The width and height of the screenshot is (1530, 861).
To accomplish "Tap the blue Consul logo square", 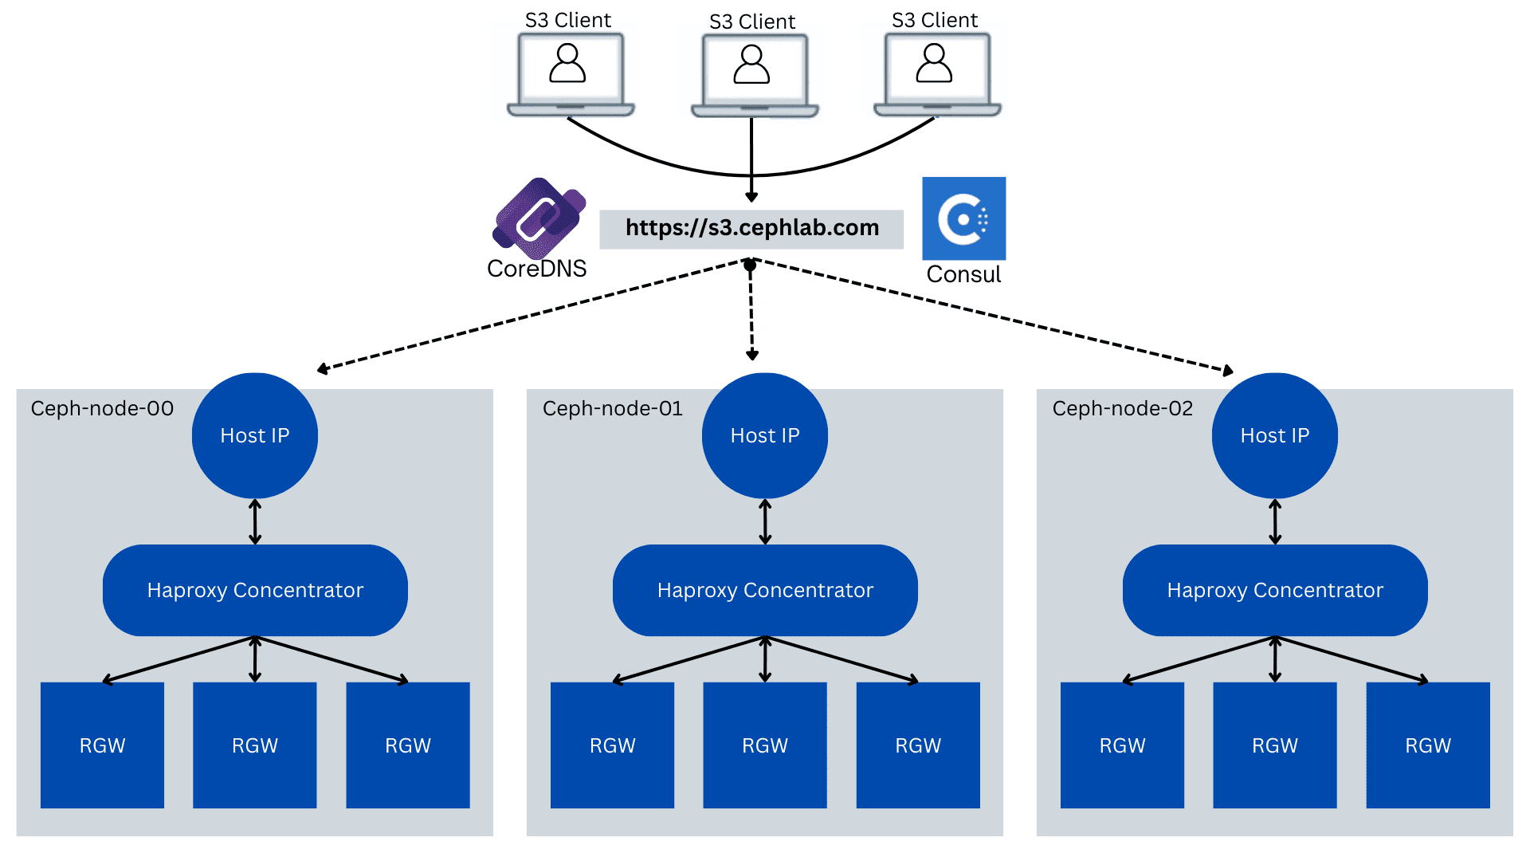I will (x=963, y=218).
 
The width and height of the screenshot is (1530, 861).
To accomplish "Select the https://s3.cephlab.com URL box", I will (x=751, y=229).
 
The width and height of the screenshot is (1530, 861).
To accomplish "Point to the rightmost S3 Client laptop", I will (x=937, y=74).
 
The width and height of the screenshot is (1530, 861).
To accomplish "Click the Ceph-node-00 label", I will (x=102, y=409).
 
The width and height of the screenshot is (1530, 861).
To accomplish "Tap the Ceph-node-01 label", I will (x=612, y=409).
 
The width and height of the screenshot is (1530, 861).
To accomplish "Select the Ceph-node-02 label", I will (x=1122, y=409).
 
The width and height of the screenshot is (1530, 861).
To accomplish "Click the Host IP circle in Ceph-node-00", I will (x=255, y=435).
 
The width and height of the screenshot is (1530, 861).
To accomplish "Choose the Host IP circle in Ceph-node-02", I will (x=1275, y=435).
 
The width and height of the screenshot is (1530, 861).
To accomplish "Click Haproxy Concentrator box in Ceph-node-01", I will (x=765, y=590).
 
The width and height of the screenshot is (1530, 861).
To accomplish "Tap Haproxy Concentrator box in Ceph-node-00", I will (x=255, y=590).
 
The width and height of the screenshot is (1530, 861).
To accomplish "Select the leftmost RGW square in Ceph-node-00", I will (x=102, y=745).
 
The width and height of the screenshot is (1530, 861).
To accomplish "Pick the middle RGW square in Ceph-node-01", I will (x=765, y=745).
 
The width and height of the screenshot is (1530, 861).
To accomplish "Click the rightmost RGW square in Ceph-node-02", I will (x=1428, y=745).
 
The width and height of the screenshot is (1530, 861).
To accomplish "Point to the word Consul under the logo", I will (x=963, y=274).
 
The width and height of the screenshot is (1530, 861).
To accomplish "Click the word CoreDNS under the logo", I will (x=536, y=269).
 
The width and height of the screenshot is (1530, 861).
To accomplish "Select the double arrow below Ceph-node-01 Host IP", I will (x=765, y=522).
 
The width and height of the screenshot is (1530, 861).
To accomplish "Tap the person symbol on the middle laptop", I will (x=751, y=65).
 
